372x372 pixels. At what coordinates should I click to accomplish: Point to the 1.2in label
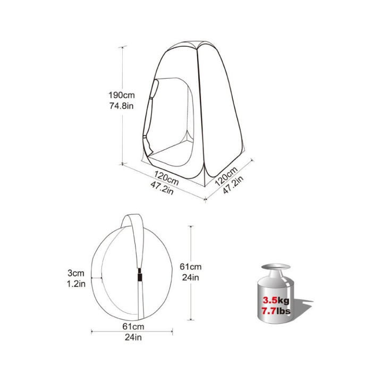tap(77, 284)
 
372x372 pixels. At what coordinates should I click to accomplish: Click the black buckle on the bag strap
tap(139, 276)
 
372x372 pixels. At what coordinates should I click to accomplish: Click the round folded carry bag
tap(117, 282)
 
